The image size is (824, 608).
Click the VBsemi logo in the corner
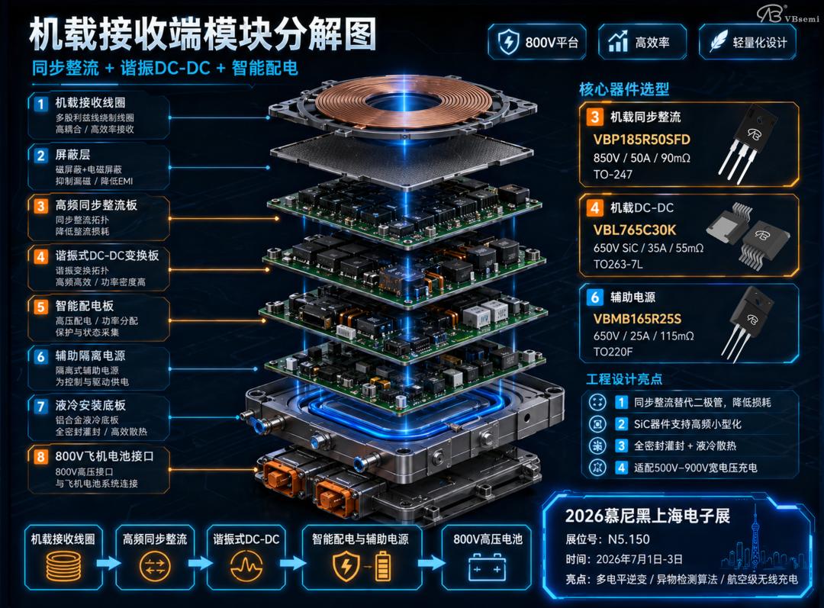(x=787, y=14)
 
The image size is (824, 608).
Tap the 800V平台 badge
(x=537, y=42)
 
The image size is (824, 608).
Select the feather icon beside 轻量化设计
(x=719, y=42)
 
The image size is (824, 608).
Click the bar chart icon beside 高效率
(x=618, y=41)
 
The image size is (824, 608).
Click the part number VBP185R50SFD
(x=641, y=140)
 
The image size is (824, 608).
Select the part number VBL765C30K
(x=634, y=230)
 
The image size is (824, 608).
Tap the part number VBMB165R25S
(x=637, y=319)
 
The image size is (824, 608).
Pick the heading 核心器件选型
(x=624, y=88)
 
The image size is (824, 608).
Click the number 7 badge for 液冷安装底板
(x=41, y=406)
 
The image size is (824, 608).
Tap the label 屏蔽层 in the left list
(x=72, y=155)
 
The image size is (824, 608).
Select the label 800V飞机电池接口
(x=105, y=456)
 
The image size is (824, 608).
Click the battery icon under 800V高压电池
(x=487, y=568)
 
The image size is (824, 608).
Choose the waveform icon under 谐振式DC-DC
(x=246, y=567)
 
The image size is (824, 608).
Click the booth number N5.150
(x=629, y=539)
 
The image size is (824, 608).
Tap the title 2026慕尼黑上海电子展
(x=648, y=516)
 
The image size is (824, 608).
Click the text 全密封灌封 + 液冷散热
(x=684, y=446)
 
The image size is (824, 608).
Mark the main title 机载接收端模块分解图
(x=203, y=34)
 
